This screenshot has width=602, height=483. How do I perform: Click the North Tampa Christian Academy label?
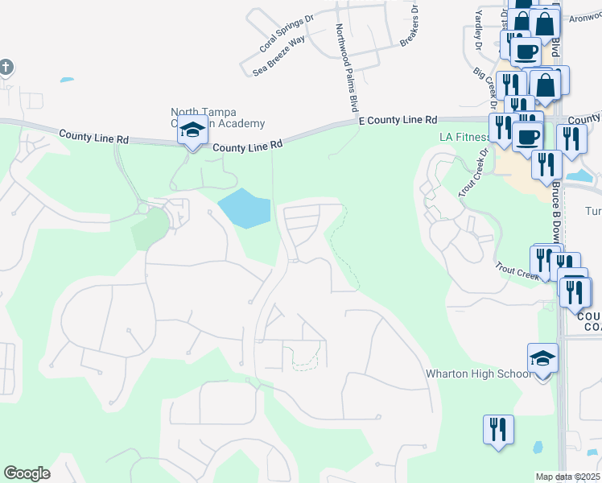pyautogui.click(x=217, y=118)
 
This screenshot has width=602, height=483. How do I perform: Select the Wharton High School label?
pyautogui.click(x=478, y=374)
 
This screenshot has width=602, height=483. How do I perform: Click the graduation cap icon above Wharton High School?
pyautogui.click(x=542, y=359)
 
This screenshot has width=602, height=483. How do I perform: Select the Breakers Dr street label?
pyautogui.click(x=410, y=25)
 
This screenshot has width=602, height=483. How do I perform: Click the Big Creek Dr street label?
pyautogui.click(x=489, y=80)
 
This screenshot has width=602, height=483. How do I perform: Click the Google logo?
pyautogui.click(x=27, y=473)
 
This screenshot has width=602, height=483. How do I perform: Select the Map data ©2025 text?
pyautogui.click(x=568, y=477)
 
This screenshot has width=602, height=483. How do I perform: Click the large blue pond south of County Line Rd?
pyautogui.click(x=244, y=208)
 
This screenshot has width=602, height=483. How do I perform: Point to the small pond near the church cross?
pyautogui.click(x=67, y=80)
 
